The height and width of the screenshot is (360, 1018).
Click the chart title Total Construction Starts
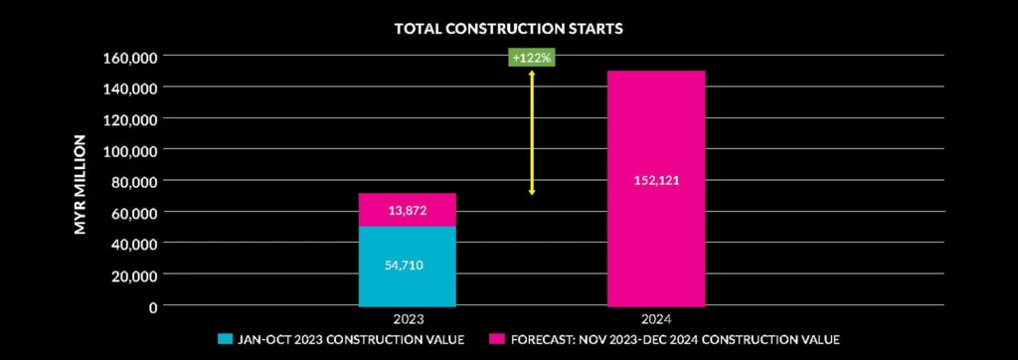point(508,28)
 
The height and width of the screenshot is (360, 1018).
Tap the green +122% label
point(532,58)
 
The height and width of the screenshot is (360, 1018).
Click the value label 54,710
point(408,266)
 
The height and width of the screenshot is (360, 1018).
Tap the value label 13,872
point(408,211)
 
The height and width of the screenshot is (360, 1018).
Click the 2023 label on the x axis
point(408,319)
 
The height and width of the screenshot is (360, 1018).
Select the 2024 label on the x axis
point(655,319)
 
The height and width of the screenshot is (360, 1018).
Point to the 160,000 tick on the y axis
point(132,57)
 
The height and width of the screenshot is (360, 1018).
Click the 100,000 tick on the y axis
point(132,150)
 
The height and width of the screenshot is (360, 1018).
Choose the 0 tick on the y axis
point(153,305)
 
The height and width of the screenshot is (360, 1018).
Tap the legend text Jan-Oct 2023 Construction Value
point(351,340)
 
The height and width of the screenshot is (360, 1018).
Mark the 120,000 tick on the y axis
point(132,118)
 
